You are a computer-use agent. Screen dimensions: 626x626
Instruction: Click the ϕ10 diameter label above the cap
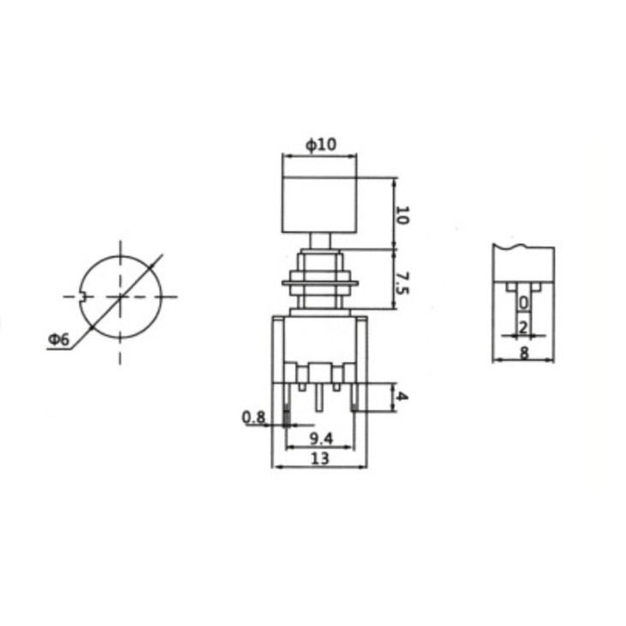(321, 145)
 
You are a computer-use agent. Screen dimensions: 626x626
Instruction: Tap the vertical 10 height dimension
(402, 215)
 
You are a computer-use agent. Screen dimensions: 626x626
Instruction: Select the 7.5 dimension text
(402, 283)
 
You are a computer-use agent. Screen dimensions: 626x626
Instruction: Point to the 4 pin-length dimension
(402, 396)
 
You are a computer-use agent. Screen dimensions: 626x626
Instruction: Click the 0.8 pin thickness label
(254, 418)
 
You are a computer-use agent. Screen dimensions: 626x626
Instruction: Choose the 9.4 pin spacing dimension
(321, 439)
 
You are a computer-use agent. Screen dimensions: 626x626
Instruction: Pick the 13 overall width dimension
(320, 458)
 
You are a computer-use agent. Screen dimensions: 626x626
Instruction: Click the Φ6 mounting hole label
(59, 340)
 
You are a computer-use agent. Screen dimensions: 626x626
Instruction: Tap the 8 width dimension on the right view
(524, 353)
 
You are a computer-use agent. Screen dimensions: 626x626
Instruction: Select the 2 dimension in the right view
(523, 327)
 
